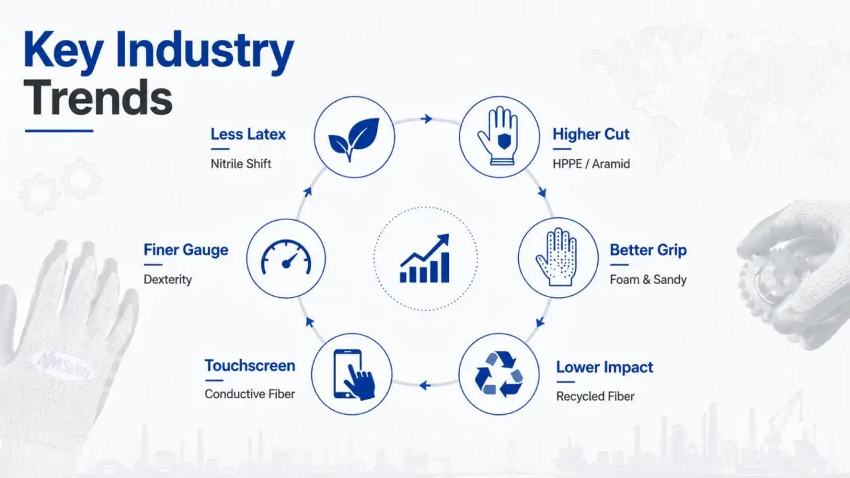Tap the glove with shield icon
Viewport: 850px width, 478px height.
pos(498,136)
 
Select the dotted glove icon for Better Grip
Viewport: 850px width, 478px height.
pos(556,257)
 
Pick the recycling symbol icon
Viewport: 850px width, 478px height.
pos(499,374)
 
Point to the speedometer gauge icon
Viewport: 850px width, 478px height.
pos(286,257)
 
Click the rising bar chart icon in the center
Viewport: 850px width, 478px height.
pos(424,258)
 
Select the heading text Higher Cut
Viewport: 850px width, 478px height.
pos(591,134)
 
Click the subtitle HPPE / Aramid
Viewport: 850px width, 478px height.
pos(591,164)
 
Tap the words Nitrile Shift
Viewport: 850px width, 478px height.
pos(241,164)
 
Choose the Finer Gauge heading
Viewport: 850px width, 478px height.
pos(186,250)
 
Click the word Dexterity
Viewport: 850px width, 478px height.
pos(168,280)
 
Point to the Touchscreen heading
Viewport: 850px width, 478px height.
pos(249,366)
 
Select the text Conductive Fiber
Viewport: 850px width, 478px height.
pos(249,394)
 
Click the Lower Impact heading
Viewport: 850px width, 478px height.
pos(605,367)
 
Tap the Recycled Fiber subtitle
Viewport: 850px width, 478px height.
pos(595,396)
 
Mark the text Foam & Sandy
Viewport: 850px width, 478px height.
pos(648,280)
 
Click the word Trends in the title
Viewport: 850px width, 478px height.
pos(98,98)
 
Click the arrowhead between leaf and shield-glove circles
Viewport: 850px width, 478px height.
pos(427,119)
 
